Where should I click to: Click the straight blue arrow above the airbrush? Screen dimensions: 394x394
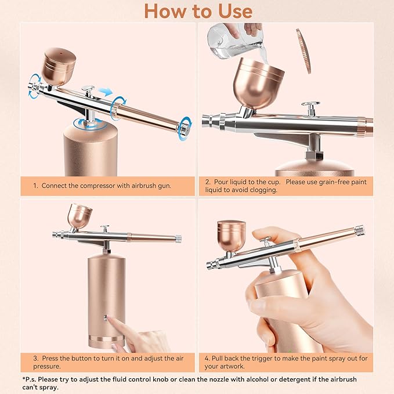click(105, 92)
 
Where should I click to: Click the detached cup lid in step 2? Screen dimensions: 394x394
click(303, 51)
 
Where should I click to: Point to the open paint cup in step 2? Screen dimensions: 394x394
click(258, 83)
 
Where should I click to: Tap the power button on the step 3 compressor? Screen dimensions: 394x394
click(105, 318)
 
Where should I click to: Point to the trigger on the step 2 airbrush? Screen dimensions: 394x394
click(311, 109)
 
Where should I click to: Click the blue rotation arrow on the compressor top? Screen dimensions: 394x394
click(89, 124)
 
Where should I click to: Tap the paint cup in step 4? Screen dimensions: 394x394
click(231, 236)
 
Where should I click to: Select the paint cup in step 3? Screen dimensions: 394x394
click(79, 216)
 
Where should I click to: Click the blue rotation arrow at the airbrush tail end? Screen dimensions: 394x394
click(186, 128)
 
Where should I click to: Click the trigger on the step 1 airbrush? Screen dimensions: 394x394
click(88, 91)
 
